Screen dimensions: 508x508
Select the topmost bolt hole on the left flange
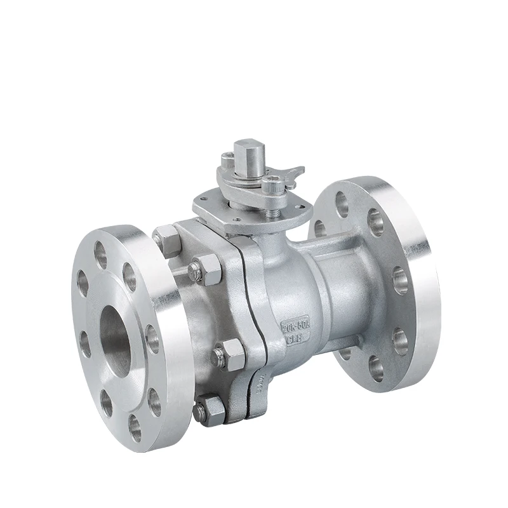pyautogui.click(x=100, y=254)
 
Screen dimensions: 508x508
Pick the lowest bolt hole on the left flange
pyautogui.click(x=135, y=427)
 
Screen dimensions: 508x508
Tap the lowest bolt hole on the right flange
pyautogui.click(x=375, y=369)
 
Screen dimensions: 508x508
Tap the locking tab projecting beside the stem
pyautogui.click(x=293, y=173)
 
